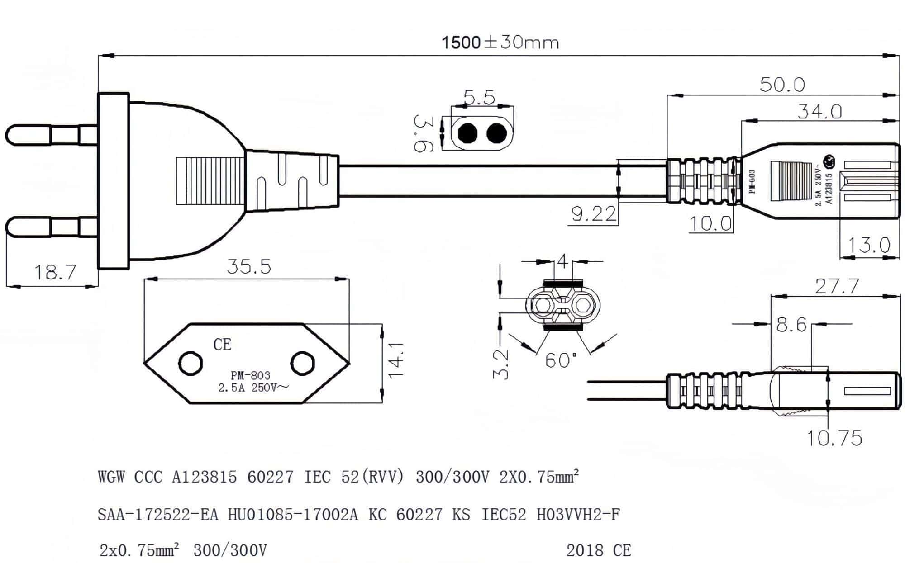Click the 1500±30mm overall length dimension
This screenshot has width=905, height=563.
(x=500, y=43)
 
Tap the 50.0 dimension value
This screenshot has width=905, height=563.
(x=782, y=85)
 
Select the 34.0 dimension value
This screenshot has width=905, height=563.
(x=819, y=111)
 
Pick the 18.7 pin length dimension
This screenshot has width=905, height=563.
(x=55, y=272)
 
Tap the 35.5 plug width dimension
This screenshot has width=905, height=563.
(x=248, y=267)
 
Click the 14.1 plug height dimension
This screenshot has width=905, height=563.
(x=395, y=360)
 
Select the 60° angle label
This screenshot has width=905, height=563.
(x=561, y=360)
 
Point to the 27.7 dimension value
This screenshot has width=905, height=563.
(x=837, y=286)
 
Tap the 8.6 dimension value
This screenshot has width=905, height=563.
(x=791, y=325)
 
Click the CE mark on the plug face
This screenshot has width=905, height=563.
(x=222, y=345)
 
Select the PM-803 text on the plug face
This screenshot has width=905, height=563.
(x=250, y=375)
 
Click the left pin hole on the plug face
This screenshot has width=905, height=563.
(x=191, y=363)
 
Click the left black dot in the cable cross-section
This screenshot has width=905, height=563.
(x=467, y=133)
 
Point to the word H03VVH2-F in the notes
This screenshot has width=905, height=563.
(x=578, y=515)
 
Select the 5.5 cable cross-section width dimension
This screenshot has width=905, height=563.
(x=480, y=97)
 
